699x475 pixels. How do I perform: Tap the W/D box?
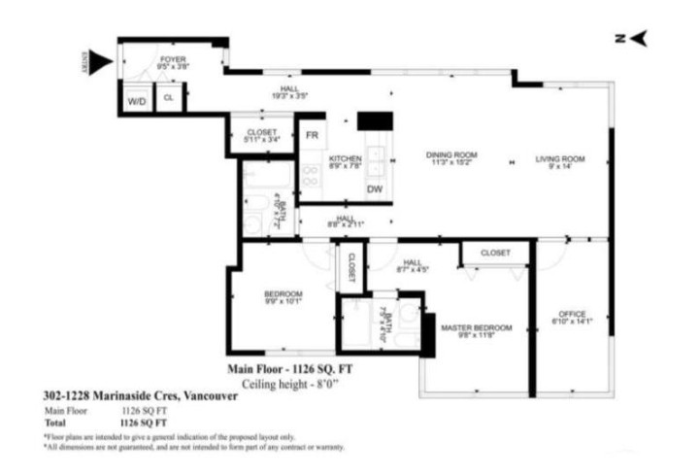[x=134, y=98]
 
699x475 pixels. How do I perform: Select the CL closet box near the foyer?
[x=168, y=98]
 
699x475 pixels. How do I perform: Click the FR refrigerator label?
[x=312, y=135]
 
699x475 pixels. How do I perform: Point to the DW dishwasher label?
[x=374, y=188]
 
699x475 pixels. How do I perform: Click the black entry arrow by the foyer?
[x=102, y=64]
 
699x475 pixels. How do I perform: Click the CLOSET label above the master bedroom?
[x=495, y=253]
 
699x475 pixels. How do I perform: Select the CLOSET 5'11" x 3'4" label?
[x=261, y=135]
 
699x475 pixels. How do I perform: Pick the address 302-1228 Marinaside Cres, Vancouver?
[x=121, y=396]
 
